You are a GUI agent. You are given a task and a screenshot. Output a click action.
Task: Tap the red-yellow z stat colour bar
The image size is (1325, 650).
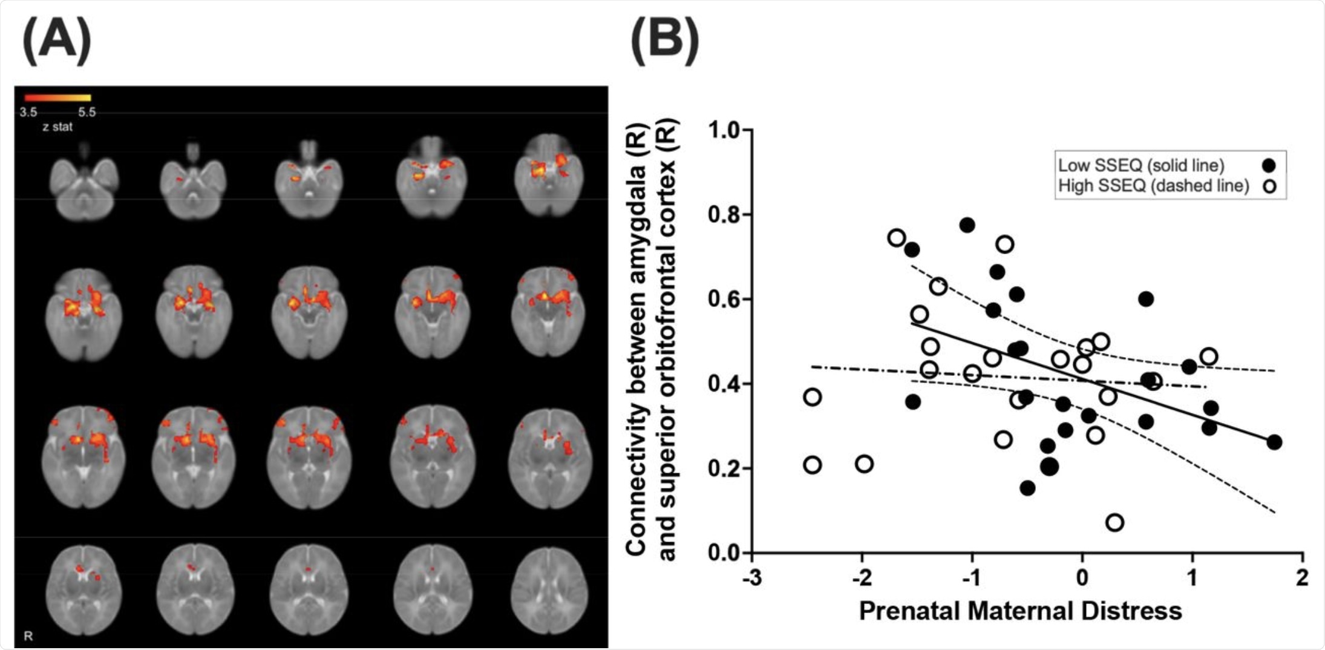coord(57,97)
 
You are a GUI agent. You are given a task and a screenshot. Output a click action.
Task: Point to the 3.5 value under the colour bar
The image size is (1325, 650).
coord(28,112)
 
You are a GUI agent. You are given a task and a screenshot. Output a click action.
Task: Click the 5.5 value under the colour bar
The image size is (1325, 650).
coord(87,112)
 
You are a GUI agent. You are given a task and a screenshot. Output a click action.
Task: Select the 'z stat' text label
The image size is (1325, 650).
coord(57,127)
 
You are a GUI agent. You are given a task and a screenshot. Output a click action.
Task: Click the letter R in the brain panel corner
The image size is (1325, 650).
coord(28,635)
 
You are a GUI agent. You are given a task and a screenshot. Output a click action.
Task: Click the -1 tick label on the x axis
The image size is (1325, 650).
coord(971,577)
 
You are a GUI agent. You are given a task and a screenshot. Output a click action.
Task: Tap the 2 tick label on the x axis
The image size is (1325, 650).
coord(1302,577)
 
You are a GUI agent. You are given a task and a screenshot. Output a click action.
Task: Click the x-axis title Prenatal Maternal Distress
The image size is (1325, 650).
coord(1020,611)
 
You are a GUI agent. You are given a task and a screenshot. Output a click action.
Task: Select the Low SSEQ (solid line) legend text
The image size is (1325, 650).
coord(1141,165)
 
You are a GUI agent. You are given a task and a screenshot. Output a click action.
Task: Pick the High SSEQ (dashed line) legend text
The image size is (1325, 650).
coord(1153,186)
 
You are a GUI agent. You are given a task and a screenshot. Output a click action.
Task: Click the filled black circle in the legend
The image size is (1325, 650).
coord(1269,165)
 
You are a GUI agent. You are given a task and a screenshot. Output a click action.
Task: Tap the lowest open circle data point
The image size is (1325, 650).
coord(1114,522)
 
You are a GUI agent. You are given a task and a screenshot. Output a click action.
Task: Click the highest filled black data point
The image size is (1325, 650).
coord(967,225)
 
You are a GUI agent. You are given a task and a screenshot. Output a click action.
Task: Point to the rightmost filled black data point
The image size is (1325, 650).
coord(1274,442)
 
